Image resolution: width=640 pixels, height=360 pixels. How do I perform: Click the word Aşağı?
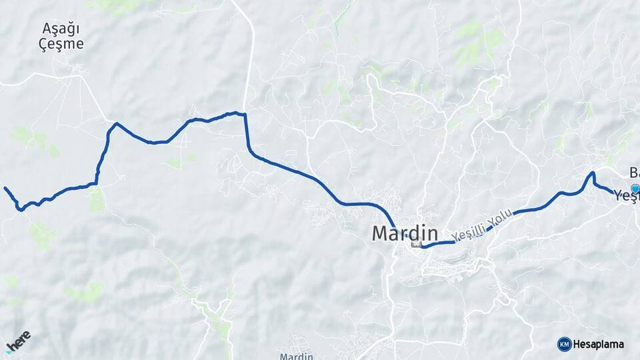tap(61, 29)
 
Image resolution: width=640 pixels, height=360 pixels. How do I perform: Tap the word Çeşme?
tap(61, 44)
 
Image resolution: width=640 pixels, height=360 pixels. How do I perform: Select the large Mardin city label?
tap(405, 233)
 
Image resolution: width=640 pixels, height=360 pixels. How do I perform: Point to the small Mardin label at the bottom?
tap(297, 356)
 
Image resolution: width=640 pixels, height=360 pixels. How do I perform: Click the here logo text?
tap(19, 338)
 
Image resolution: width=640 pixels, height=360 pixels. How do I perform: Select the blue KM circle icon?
tap(564, 344)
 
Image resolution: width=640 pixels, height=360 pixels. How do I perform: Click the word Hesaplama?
tap(598, 345)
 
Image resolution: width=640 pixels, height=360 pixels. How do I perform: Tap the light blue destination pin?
tap(635, 189)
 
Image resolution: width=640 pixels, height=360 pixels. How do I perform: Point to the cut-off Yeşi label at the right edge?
tap(627, 196)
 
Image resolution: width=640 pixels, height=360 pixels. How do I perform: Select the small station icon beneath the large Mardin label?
tap(417, 244)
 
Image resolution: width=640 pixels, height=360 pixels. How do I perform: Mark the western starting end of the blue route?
tap(5, 188)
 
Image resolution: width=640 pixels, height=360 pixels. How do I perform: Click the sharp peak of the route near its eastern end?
tap(591, 173)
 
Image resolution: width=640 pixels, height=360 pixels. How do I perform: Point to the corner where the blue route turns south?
tap(245, 115)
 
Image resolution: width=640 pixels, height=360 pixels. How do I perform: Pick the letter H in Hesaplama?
tap(577, 345)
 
